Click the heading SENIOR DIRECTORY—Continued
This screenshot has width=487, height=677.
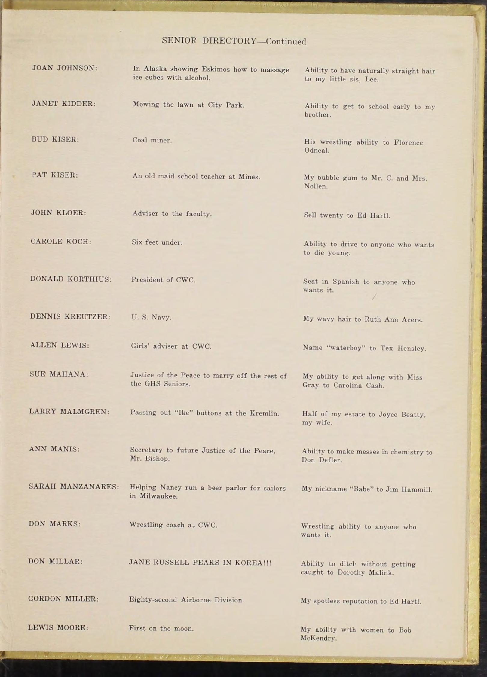[234, 41]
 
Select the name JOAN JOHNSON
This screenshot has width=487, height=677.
[65, 68]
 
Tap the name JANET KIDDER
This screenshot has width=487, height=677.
[64, 104]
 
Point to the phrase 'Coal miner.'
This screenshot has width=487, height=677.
[152, 140]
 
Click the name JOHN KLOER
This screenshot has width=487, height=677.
[59, 213]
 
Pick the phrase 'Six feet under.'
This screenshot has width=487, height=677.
[157, 242]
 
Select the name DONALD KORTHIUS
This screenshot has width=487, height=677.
[71, 279]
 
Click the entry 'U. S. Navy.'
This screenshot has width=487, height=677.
[151, 317]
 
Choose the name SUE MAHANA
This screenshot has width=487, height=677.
[59, 374]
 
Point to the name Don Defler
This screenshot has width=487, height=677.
[322, 460]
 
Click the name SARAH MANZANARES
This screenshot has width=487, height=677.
[74, 486]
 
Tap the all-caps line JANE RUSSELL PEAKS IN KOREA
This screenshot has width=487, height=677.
[200, 563]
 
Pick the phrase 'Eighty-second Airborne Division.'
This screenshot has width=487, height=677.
[186, 600]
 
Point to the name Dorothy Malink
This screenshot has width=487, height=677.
[365, 573]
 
